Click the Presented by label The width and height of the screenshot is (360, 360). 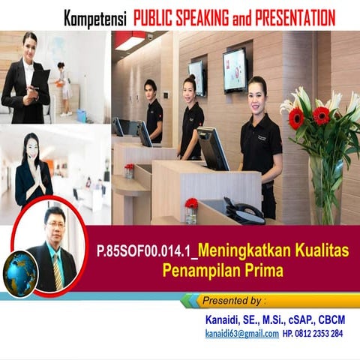point(234,301)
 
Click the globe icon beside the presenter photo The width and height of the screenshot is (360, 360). point(20,271)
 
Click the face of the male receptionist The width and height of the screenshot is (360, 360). point(151,88)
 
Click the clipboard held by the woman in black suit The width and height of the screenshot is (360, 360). point(40,79)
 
